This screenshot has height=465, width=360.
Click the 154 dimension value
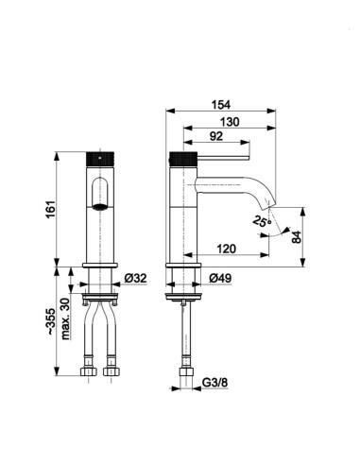[x=221, y=105]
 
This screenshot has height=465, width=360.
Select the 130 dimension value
[x=230, y=122]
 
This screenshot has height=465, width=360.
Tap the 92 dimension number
[x=216, y=136]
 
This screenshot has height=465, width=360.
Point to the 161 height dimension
[x=51, y=209]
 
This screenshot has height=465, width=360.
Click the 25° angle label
[x=262, y=221]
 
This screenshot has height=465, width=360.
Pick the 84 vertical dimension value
[x=297, y=237]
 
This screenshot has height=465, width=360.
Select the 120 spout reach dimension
[x=226, y=249]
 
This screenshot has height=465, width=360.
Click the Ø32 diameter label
[x=135, y=278]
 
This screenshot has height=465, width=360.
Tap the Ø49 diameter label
[x=220, y=278]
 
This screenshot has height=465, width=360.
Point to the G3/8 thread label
[x=214, y=383]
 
